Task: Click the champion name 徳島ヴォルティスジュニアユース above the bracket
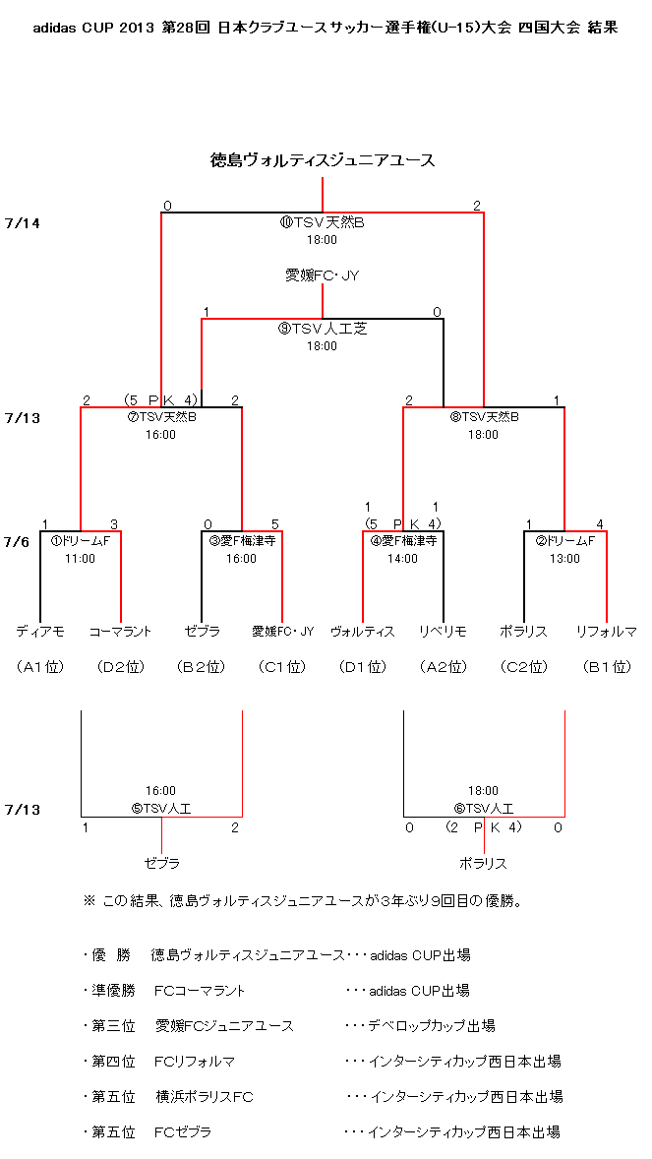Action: [x=323, y=160]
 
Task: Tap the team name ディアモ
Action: [x=40, y=632]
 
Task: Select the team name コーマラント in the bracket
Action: [x=121, y=632]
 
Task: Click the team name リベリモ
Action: [x=443, y=632]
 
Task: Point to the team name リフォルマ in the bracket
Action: [x=606, y=632]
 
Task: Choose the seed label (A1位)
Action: [x=40, y=667]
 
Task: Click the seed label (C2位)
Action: [x=524, y=667]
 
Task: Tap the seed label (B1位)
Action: [x=606, y=667]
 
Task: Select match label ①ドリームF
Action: [x=80, y=541]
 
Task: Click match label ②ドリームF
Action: [x=564, y=541]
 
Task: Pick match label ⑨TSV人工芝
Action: [x=323, y=329]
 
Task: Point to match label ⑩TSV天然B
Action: [x=323, y=222]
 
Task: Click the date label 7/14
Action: [x=23, y=222]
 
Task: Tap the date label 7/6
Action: [x=17, y=542]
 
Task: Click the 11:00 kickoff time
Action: [x=80, y=559]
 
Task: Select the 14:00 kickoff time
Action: [x=403, y=559]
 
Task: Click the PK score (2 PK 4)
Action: [x=484, y=827]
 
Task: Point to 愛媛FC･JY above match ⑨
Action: [x=323, y=275]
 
